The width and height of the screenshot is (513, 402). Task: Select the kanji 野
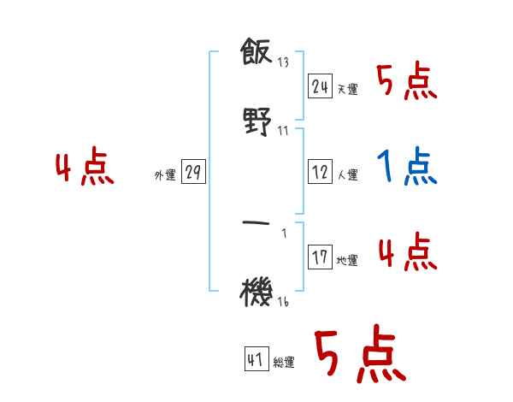click(x=256, y=122)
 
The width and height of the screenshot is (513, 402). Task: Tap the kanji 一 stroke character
click(x=256, y=224)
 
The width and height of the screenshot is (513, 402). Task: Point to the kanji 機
click(x=256, y=293)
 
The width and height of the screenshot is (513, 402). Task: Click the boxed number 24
click(x=320, y=86)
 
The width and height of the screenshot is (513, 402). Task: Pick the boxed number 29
click(x=193, y=173)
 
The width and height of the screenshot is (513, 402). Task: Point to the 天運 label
click(x=348, y=89)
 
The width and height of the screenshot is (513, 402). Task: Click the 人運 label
click(x=348, y=174)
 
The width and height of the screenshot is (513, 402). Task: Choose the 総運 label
click(x=284, y=363)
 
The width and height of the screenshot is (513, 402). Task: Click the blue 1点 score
click(x=407, y=167)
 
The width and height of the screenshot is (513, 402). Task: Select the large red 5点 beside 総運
click(x=357, y=357)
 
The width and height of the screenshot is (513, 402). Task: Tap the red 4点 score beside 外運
click(x=85, y=168)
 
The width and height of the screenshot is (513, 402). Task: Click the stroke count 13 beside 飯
click(x=283, y=62)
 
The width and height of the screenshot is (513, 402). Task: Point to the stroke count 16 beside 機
click(x=283, y=300)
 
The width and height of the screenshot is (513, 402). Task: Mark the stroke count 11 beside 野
click(x=283, y=130)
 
